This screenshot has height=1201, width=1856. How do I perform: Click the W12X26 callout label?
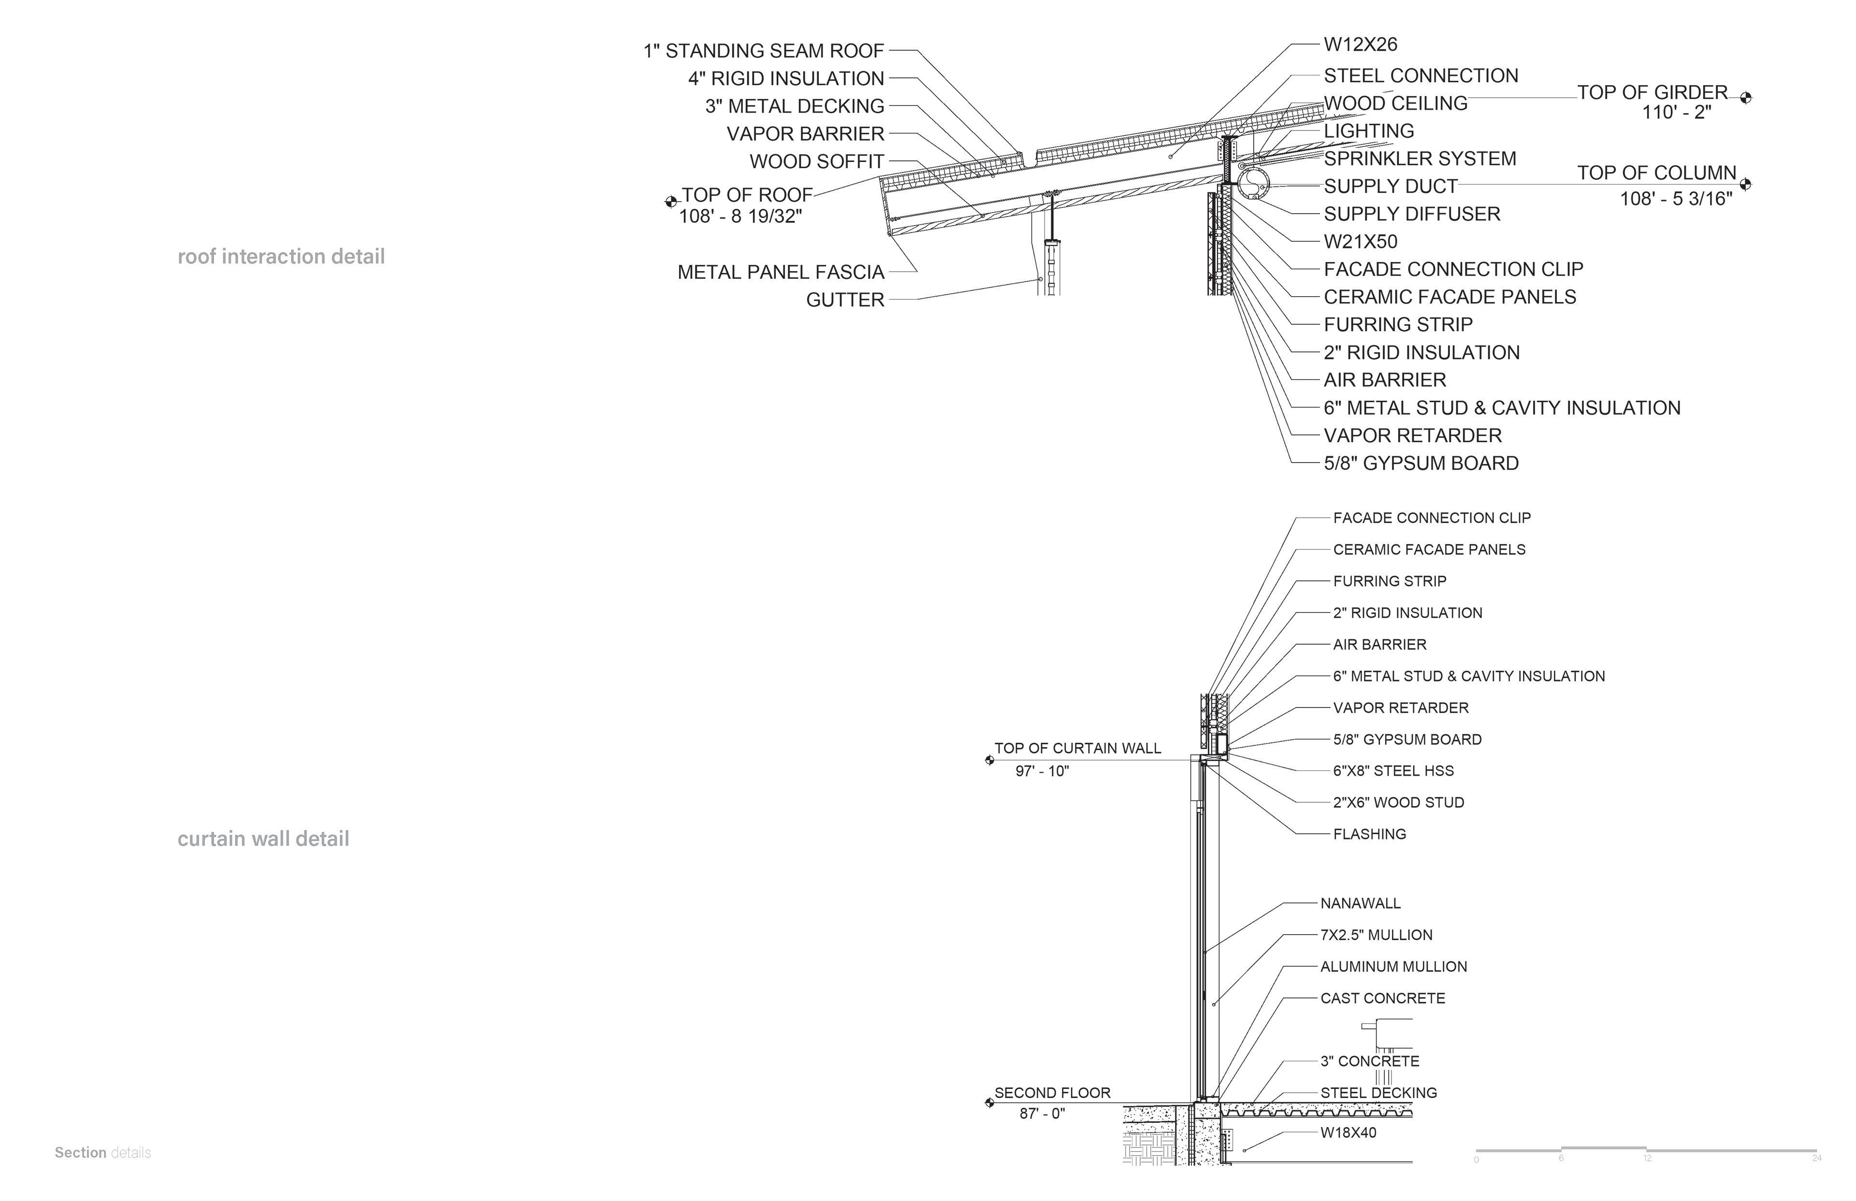click(x=1360, y=44)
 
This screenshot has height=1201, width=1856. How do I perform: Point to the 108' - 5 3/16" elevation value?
click(x=1676, y=199)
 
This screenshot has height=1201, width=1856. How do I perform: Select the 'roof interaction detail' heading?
click(x=281, y=257)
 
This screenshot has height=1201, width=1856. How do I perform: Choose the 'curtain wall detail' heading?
click(x=263, y=839)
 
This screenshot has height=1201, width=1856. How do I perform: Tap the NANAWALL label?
click(x=1360, y=903)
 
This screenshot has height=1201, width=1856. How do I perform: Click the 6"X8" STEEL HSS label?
click(x=1393, y=770)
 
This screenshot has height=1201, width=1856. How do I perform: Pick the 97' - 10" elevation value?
click(x=1042, y=771)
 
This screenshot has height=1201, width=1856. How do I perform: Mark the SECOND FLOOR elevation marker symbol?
click(x=989, y=1103)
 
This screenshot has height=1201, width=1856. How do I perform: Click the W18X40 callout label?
click(x=1348, y=1132)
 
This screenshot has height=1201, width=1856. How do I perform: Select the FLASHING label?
click(x=1369, y=834)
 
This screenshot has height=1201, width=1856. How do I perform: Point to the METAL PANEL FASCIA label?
click(x=781, y=272)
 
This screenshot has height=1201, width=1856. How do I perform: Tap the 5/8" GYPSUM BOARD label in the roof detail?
click(x=1421, y=463)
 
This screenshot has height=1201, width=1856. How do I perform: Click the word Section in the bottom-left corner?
click(x=80, y=1153)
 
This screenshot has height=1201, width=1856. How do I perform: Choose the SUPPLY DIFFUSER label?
click(x=1411, y=214)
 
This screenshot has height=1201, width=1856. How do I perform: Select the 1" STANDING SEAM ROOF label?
click(x=764, y=51)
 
